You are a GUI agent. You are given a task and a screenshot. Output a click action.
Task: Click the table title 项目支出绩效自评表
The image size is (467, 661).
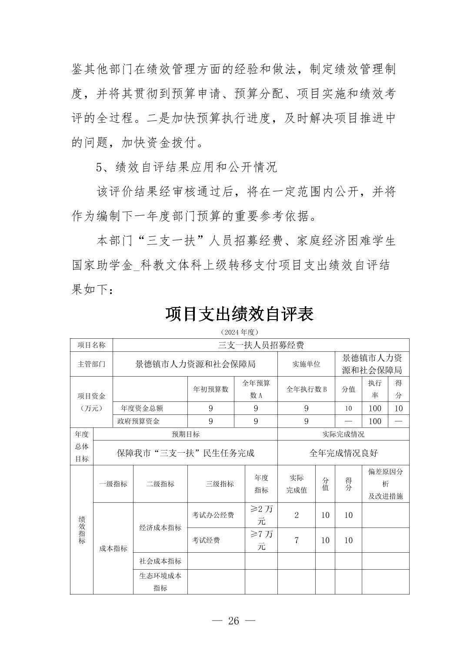click(x=239, y=314)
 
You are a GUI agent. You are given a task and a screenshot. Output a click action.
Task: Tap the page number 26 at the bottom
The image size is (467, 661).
click(x=233, y=621)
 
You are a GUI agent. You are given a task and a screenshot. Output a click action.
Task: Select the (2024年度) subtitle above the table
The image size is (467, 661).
click(x=239, y=332)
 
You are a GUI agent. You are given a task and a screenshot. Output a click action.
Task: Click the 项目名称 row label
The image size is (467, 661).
click(x=91, y=345)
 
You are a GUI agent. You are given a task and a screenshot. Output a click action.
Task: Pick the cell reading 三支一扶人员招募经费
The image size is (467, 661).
click(x=260, y=345)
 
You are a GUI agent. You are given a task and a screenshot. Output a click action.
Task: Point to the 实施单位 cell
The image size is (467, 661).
click(x=306, y=364)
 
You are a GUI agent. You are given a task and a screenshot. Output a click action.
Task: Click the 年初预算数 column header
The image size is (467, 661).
click(x=210, y=389)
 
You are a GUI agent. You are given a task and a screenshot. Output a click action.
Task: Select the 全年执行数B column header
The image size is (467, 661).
click(x=306, y=389)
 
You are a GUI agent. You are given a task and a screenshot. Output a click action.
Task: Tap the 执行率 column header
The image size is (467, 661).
click(x=374, y=389)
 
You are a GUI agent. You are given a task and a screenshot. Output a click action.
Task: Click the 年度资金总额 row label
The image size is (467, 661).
click(x=142, y=408)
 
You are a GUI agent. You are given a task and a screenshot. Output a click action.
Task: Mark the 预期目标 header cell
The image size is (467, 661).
click(x=186, y=434)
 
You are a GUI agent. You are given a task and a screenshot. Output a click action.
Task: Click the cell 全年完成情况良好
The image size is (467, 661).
click(x=343, y=453)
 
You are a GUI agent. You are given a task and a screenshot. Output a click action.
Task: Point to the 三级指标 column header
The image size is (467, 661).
click(x=220, y=484)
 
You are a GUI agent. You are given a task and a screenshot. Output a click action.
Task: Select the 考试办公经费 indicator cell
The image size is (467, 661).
click(x=213, y=515)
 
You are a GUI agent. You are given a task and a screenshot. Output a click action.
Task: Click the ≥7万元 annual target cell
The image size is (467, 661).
click(x=261, y=540)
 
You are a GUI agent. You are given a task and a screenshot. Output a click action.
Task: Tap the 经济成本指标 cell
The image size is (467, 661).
click(x=160, y=527)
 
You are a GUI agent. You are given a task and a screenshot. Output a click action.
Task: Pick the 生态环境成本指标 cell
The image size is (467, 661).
click(x=160, y=582)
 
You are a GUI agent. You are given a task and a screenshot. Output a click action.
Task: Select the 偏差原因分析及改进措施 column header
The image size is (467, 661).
click(x=385, y=484)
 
